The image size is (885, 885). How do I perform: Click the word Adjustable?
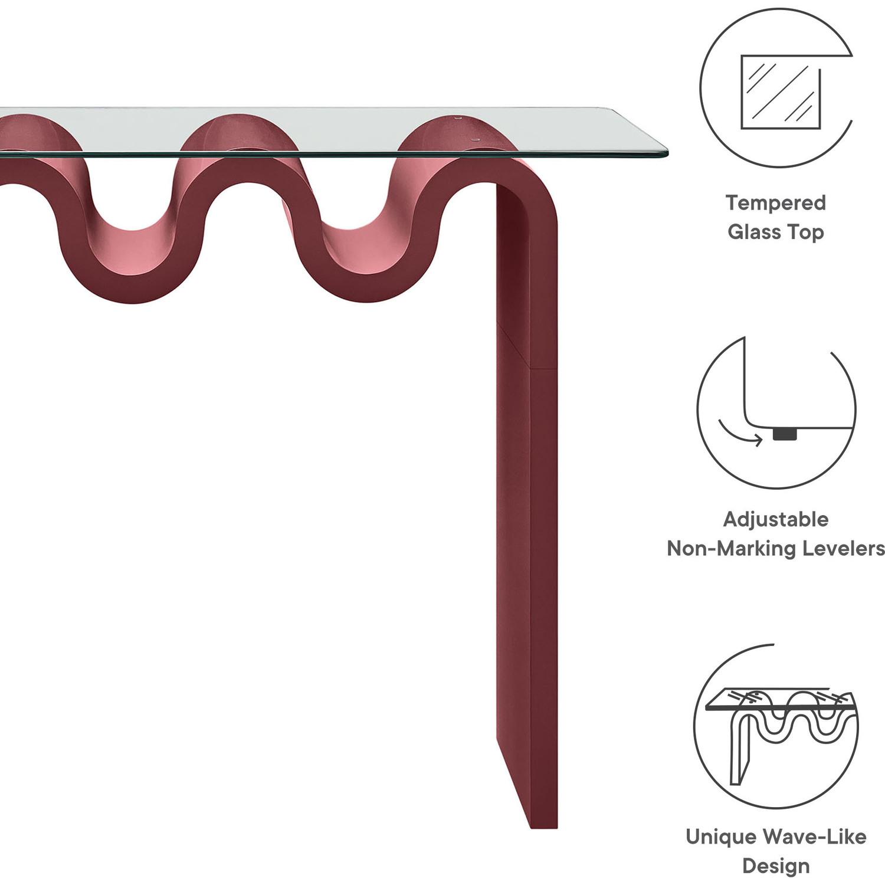tap(776, 520)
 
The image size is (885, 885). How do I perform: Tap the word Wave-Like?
tap(814, 837)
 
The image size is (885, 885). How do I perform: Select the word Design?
tap(776, 866)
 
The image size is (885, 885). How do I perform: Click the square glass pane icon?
tap(781, 92)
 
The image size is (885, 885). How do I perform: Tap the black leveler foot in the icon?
tap(785, 434)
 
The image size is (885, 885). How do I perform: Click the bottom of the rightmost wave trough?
tap(367, 301)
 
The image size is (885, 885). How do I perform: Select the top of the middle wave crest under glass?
tap(239, 116)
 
